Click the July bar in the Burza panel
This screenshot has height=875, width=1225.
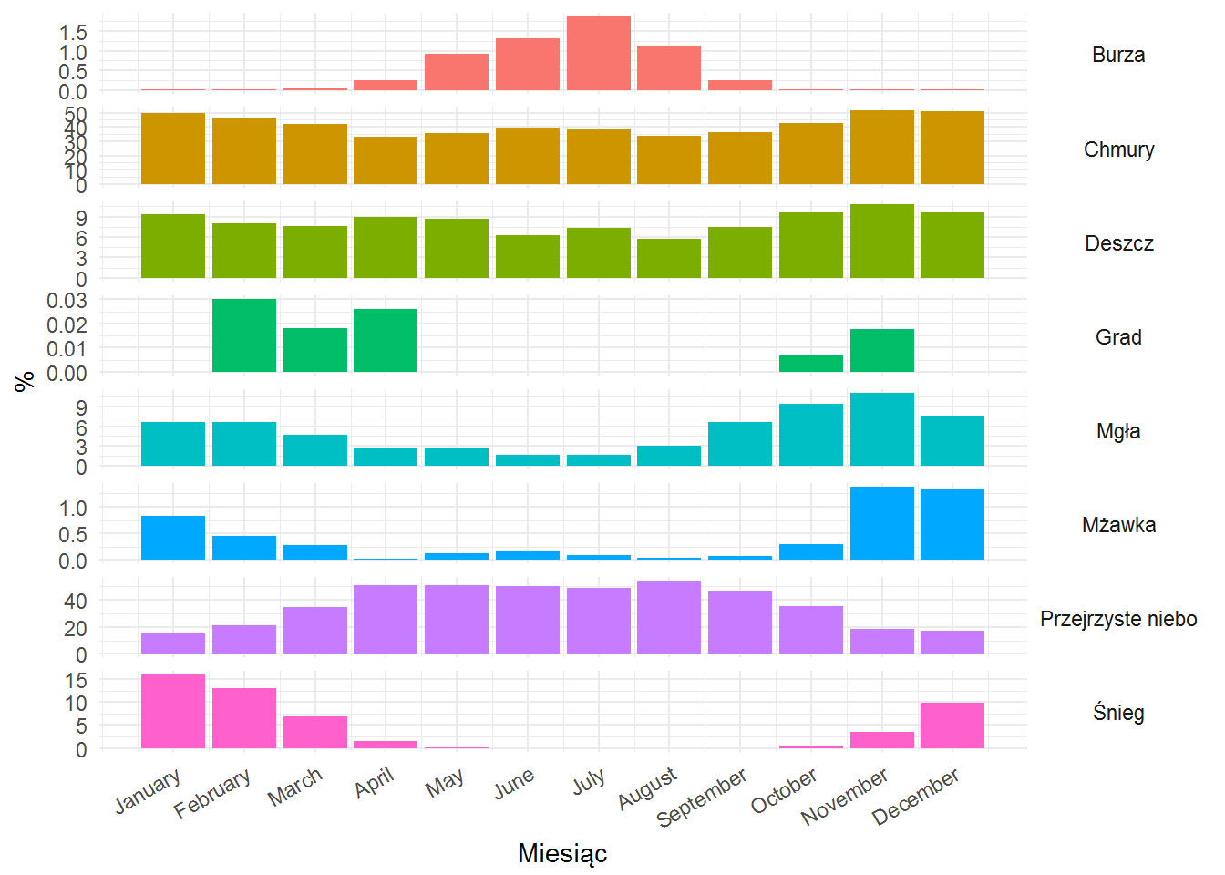click(x=598, y=53)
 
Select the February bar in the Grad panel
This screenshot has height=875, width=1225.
click(x=244, y=335)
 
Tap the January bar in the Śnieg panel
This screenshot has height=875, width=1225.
click(x=173, y=711)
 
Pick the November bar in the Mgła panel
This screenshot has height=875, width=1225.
click(x=881, y=429)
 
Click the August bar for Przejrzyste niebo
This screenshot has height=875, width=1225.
click(x=669, y=617)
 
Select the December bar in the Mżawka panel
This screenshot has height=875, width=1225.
click(x=952, y=524)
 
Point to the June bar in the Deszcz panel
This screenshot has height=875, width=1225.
click(x=527, y=256)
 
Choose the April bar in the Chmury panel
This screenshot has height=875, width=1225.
click(x=386, y=160)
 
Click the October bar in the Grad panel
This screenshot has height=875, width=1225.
click(x=811, y=364)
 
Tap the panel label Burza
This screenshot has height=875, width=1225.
click(x=1118, y=55)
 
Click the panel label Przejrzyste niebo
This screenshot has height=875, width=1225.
click(x=1118, y=619)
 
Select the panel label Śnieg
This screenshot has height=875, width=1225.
click(x=1118, y=713)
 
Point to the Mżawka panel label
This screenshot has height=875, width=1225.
click(x=1118, y=525)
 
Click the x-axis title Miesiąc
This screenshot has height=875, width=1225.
click(x=562, y=854)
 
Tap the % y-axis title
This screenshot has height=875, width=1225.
click(x=24, y=381)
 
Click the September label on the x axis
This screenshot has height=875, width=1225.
click(x=701, y=798)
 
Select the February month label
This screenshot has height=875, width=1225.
click(x=212, y=793)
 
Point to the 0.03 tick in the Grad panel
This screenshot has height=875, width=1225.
click(x=67, y=300)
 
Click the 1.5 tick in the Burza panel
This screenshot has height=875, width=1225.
click(x=73, y=33)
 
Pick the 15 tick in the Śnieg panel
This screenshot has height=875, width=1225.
click(x=76, y=681)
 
